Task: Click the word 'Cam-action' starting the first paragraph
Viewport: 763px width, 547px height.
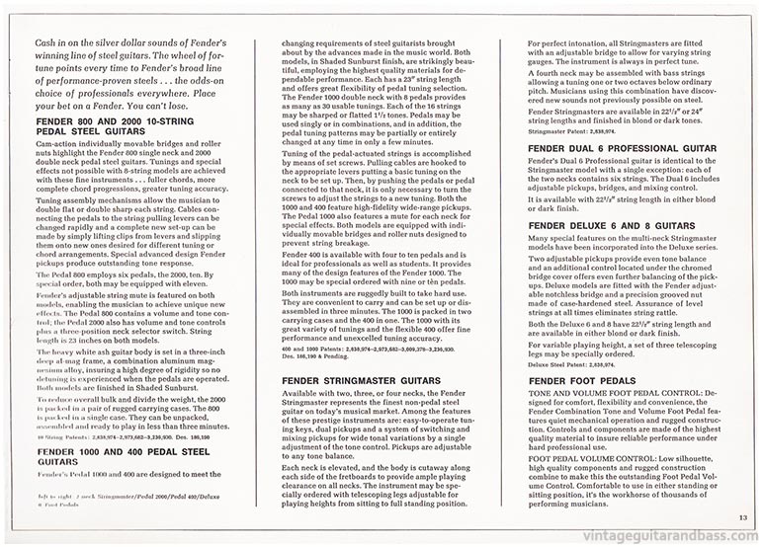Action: click(50, 147)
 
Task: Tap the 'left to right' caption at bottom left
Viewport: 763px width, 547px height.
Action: click(51, 494)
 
